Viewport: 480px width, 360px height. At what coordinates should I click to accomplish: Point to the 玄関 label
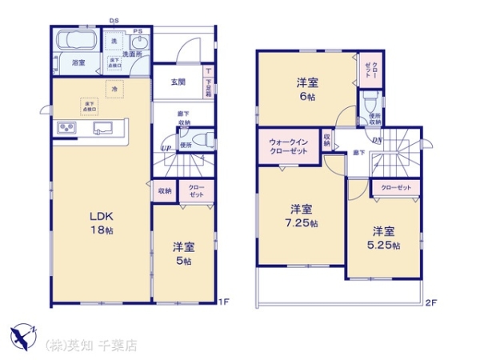(178, 82)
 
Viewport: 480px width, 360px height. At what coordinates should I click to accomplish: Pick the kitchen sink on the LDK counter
(104, 128)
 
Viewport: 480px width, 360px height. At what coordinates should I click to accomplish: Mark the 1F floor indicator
(226, 302)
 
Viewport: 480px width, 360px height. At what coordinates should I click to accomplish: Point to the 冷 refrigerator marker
(114, 88)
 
